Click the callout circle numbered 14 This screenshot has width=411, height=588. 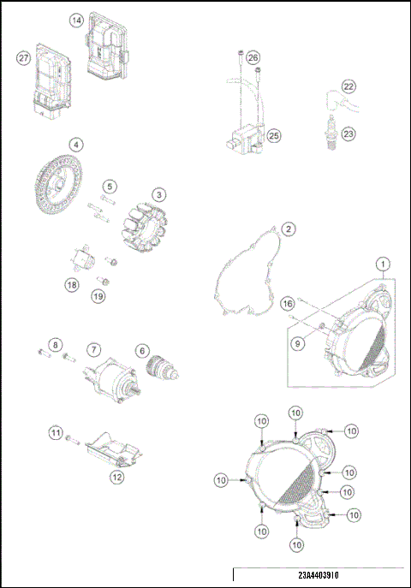coord(77,19)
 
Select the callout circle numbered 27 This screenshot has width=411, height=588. coord(24,57)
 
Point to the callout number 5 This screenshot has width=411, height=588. coord(110,185)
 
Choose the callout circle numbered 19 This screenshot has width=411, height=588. coord(98,295)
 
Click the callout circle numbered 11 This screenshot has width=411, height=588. coord(55,434)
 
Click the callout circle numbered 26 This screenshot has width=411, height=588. coord(253,57)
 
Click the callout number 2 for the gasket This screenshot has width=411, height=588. coord(289,229)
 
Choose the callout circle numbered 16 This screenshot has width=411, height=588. coord(288,304)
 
